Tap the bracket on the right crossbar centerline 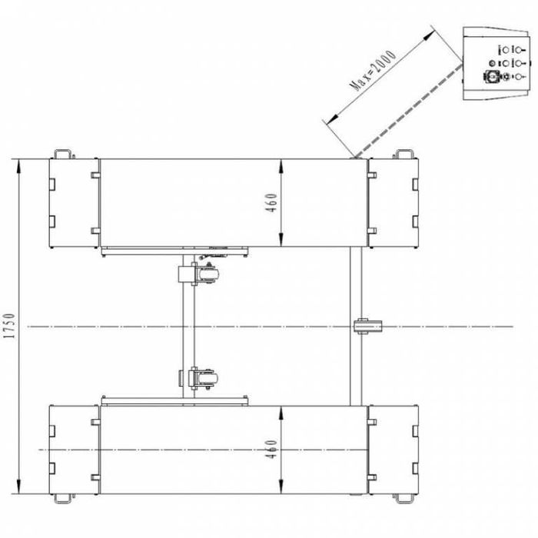tap(368, 327)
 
